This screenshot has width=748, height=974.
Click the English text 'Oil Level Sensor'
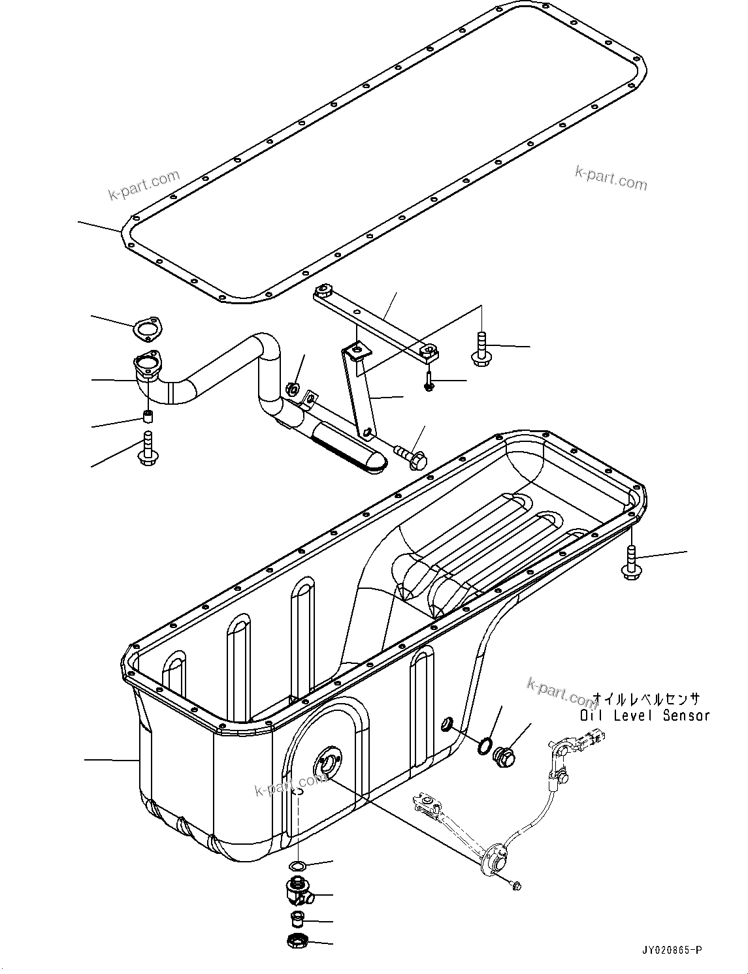(x=644, y=715)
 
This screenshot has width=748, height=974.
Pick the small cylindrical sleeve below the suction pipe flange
(x=148, y=416)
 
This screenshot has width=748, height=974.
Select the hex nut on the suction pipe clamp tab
(x=293, y=390)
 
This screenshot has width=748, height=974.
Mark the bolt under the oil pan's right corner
(x=631, y=563)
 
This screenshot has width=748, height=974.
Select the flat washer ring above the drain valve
(x=298, y=866)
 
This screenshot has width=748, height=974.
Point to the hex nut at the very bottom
(x=297, y=942)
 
